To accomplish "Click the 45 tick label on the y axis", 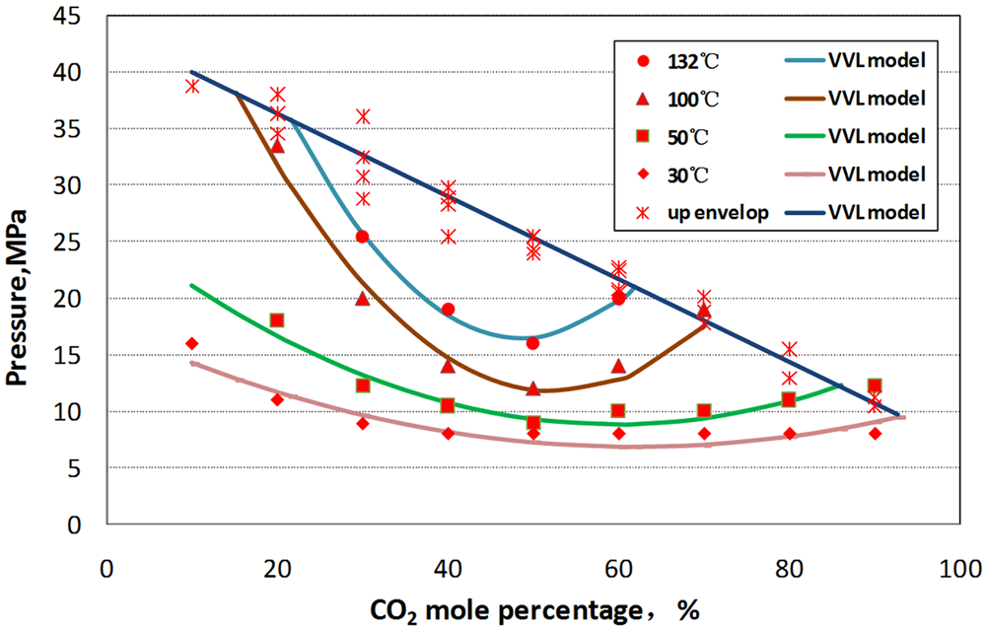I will point(75,16).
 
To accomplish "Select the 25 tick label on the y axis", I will point(75,242).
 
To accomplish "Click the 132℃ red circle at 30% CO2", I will point(362,237).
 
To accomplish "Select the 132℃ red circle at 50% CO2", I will point(532,343).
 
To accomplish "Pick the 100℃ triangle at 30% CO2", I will point(362,298).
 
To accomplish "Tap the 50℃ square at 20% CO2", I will point(277,320).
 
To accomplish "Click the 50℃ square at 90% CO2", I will point(874,385).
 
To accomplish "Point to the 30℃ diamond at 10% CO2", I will point(192,343).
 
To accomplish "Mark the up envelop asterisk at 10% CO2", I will point(192,86).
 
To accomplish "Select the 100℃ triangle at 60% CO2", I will point(618,366).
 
